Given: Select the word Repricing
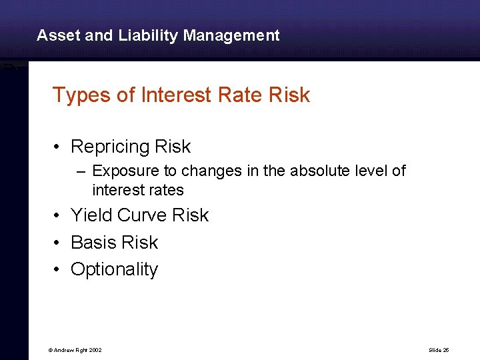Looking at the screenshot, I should click(110, 147).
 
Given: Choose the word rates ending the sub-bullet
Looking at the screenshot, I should click(167, 190).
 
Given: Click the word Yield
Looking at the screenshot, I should click(91, 215).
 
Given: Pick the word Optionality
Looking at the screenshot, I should click(114, 269).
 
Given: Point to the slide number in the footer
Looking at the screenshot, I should click(438, 350).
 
